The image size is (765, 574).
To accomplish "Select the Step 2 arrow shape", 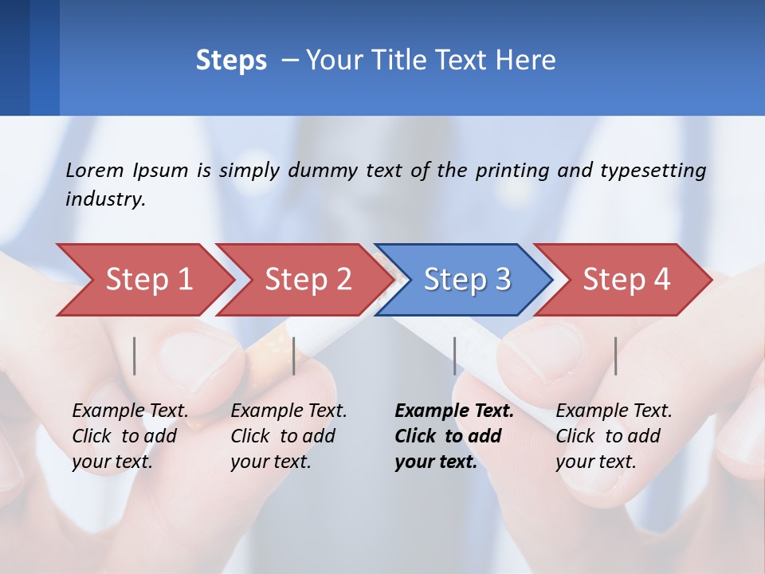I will click(308, 280).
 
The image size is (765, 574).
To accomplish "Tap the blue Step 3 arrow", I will click(467, 280).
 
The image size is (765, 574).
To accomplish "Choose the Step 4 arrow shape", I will click(626, 280).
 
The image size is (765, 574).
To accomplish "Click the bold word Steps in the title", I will click(231, 61).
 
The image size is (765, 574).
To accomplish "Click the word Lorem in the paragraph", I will click(95, 170).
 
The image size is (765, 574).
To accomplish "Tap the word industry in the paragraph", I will click(105, 199).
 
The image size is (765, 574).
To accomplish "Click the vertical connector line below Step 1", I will click(135, 356).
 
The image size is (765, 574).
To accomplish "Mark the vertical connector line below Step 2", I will click(294, 356).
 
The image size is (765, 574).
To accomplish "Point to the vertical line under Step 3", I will click(454, 356).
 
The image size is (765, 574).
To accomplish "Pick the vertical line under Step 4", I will click(615, 356).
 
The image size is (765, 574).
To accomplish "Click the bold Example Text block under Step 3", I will click(454, 436).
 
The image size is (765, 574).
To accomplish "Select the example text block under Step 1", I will click(130, 436).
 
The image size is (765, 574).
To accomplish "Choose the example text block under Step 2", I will click(288, 436).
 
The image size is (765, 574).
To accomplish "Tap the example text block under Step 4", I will click(614, 436).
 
